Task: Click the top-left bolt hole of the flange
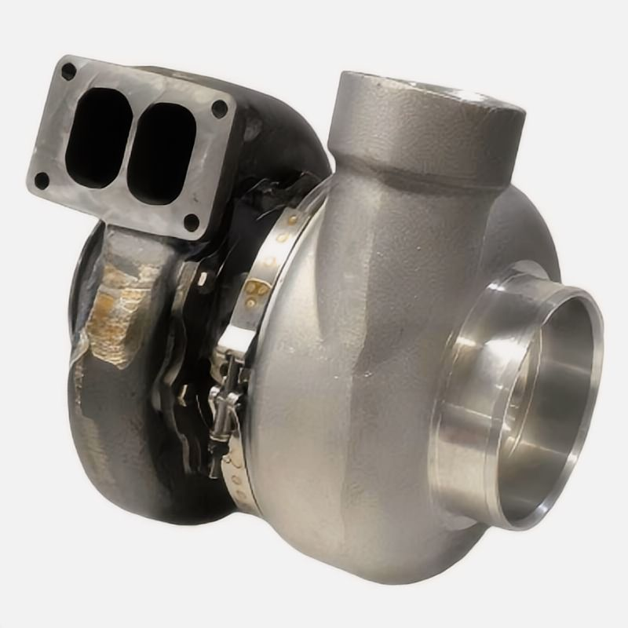pyautogui.click(x=69, y=71)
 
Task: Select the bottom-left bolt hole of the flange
pyautogui.click(x=42, y=181)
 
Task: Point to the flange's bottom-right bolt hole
pyautogui.click(x=191, y=221)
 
